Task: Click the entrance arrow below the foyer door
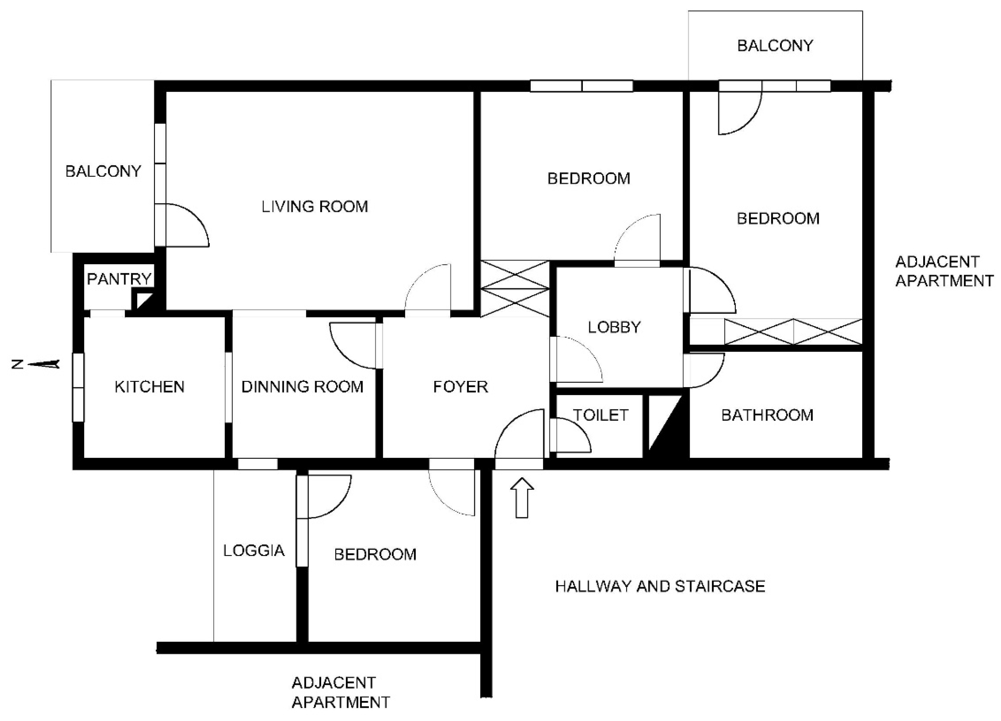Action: pos(522,497)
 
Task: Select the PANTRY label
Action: pos(119,279)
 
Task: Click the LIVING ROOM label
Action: pos(315,207)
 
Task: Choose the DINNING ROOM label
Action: pos(302,387)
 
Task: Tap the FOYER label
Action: pos(460,387)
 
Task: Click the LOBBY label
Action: pos(614,327)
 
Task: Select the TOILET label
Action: pos(601,415)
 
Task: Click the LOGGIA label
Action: pos(254,550)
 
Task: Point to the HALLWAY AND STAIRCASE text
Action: pos(660,586)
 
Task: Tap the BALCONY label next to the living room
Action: pos(103,171)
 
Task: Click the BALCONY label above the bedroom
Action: pos(775,45)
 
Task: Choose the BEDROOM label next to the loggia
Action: pos(375,555)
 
